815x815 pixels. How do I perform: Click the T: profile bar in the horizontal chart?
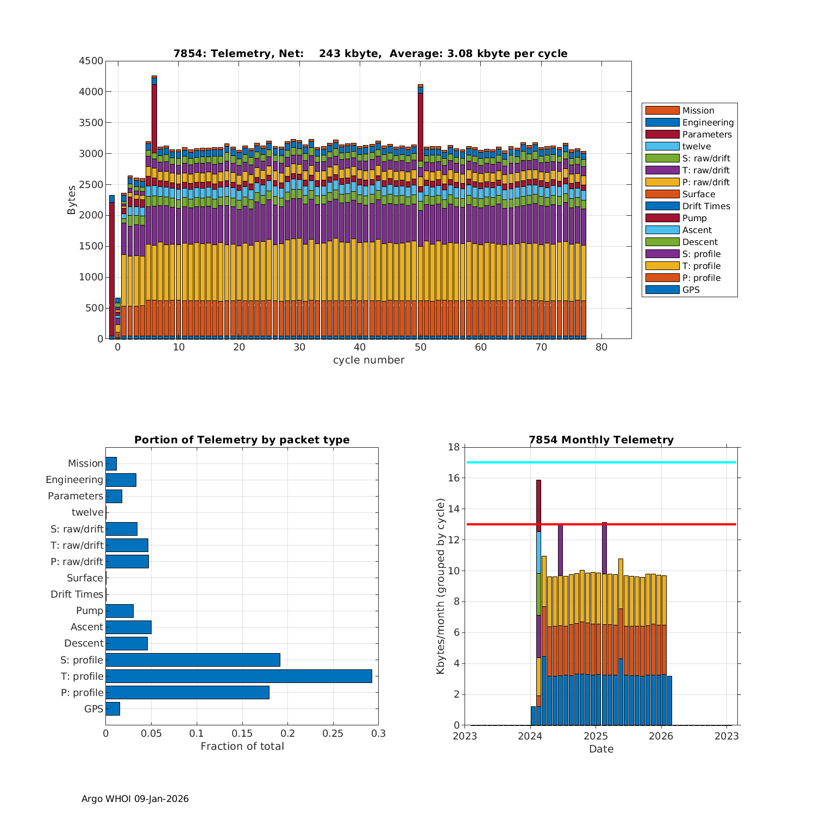point(239,676)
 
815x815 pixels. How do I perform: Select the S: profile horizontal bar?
point(193,660)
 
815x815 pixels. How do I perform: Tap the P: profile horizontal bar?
point(187,692)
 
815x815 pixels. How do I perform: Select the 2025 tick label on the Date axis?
point(595,736)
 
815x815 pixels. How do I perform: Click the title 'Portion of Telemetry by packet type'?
point(242,440)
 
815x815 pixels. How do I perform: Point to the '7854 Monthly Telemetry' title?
point(601,440)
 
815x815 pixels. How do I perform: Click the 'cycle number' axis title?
point(368,360)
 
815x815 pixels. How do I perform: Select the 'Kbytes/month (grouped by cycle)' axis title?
point(441,586)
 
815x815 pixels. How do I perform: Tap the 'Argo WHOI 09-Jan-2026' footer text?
point(135,799)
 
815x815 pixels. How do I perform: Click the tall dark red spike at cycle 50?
point(420,125)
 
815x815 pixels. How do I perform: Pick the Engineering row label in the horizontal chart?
point(74,480)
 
